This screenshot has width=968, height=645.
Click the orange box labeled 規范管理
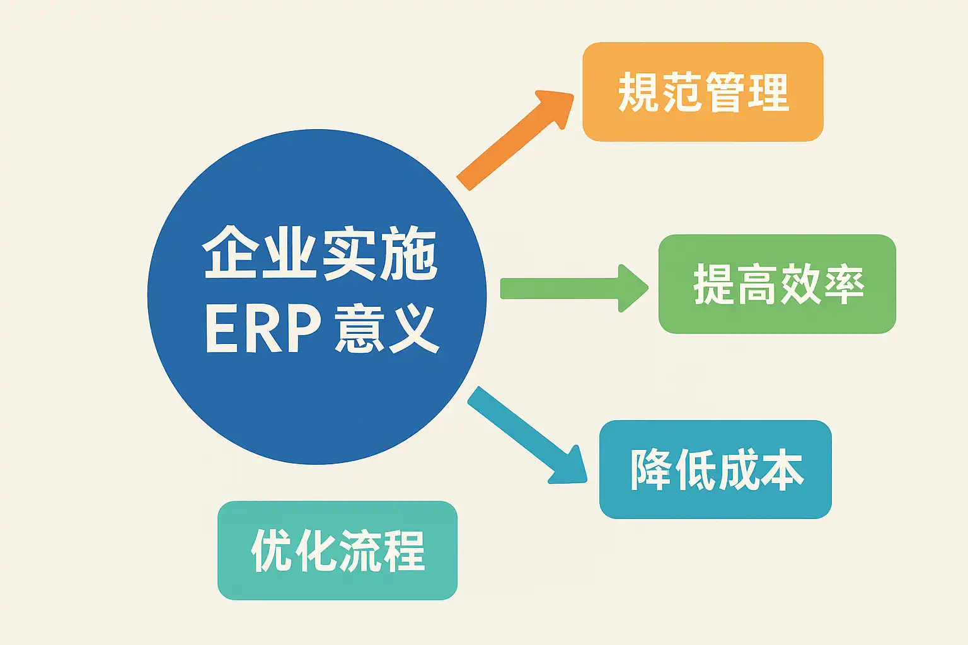click(x=703, y=92)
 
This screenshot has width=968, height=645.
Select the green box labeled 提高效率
click(x=777, y=284)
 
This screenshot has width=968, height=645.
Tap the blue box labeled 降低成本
click(x=715, y=470)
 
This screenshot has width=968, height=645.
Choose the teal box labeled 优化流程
click(x=337, y=551)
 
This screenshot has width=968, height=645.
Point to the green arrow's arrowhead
click(x=632, y=288)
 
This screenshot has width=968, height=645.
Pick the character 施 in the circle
click(x=408, y=254)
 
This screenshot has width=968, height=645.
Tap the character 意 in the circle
click(x=357, y=329)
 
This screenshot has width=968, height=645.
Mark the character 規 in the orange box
click(x=639, y=92)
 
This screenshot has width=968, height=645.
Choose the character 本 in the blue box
click(x=781, y=470)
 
